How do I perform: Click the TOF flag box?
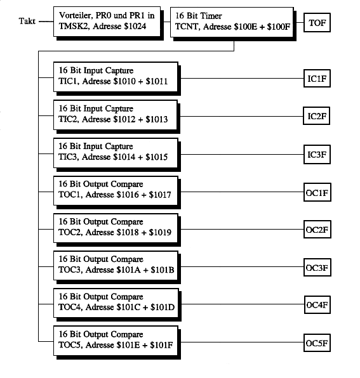pyautogui.click(x=317, y=23)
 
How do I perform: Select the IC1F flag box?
pyautogui.click(x=317, y=79)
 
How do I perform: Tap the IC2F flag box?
pyautogui.click(x=317, y=116)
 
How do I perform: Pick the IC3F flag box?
pyautogui.click(x=317, y=154)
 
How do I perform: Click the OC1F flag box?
pyautogui.click(x=317, y=192)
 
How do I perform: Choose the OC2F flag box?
pyautogui.click(x=317, y=229)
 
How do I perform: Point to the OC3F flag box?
pyautogui.click(x=317, y=268)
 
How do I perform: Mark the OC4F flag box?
pyautogui.click(x=317, y=304)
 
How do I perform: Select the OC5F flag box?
pyautogui.click(x=317, y=343)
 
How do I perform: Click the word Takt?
pyautogui.click(x=27, y=21)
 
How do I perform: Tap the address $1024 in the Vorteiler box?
pyautogui.click(x=135, y=26)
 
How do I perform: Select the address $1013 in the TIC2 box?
pyautogui.click(x=156, y=119)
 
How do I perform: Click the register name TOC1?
pyautogui.click(x=70, y=194)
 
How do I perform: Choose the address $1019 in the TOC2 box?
pyautogui.click(x=160, y=232)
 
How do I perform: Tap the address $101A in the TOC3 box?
pyautogui.click(x=128, y=270)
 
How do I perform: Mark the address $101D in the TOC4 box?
pyautogui.click(x=162, y=307)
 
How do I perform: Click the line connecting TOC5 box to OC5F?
pyautogui.click(x=242, y=342)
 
